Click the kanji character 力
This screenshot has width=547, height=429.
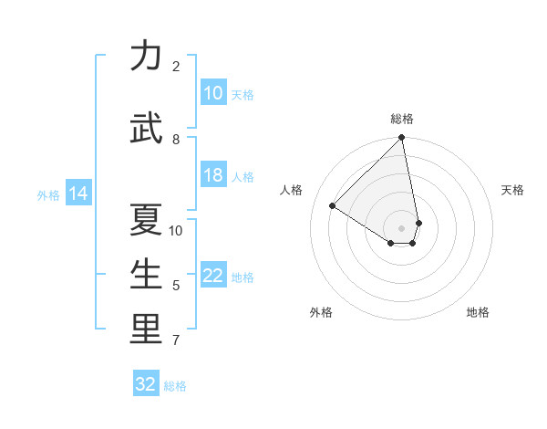(x=146, y=56)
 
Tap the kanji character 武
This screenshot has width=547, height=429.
(x=146, y=127)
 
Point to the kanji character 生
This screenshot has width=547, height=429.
(x=146, y=274)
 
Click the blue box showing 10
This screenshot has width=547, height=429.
(x=213, y=93)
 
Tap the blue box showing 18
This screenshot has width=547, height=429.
(x=213, y=175)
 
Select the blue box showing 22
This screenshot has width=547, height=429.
(x=213, y=277)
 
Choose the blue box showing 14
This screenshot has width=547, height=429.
(x=77, y=194)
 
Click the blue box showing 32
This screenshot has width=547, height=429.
(x=146, y=384)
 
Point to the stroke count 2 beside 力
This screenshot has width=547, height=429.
(x=176, y=67)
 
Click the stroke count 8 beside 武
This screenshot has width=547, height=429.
(x=176, y=139)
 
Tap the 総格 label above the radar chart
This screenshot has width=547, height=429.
(x=402, y=119)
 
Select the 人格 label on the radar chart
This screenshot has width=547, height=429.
(x=292, y=190)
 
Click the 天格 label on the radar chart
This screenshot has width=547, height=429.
(x=512, y=190)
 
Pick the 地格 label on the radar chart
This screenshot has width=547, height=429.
(x=478, y=312)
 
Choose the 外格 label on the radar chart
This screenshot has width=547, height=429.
(x=321, y=312)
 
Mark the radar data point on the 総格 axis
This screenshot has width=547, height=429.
(x=401, y=139)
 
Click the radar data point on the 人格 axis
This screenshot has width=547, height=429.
(x=333, y=205)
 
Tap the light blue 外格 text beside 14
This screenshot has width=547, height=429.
(x=48, y=194)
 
